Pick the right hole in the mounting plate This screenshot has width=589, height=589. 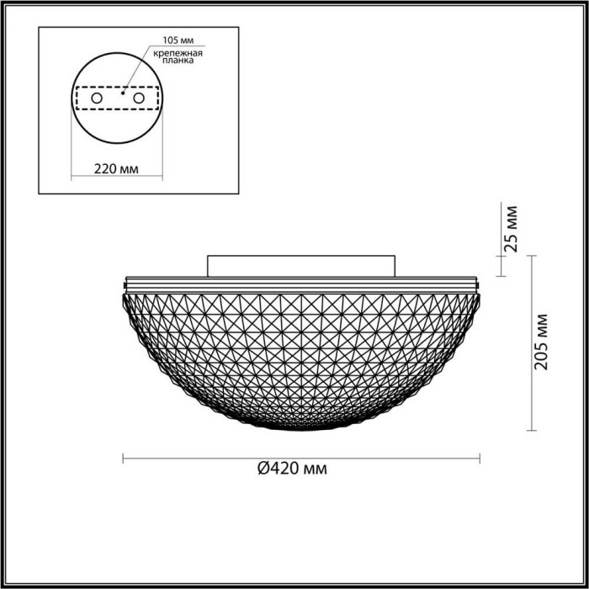point(139,98)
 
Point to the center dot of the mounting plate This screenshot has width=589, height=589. point(123,96)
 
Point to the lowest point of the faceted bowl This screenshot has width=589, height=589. point(301,429)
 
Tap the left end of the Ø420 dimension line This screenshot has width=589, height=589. point(124,459)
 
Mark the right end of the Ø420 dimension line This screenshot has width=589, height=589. point(480,459)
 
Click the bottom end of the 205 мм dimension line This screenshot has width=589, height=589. point(531,431)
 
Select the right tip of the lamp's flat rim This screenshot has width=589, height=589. point(479,279)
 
